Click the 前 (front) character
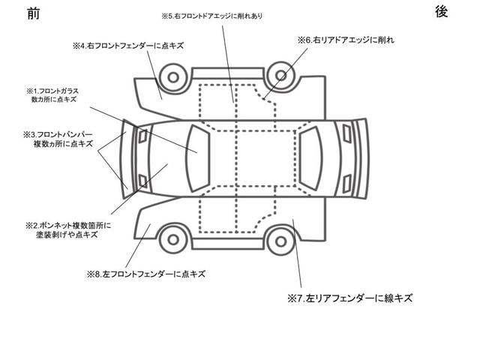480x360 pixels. pos(33,13)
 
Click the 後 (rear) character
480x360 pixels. pos(442,12)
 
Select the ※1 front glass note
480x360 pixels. pos(52,95)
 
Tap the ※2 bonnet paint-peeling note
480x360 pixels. pos(68,230)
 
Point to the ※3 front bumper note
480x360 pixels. pos(58,139)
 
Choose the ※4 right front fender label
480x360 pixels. pos(128,46)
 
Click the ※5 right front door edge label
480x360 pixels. pos(211,16)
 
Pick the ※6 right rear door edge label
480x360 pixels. pos(346,40)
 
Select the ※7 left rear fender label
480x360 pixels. pos(350,298)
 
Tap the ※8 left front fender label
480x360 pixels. pos(146,274)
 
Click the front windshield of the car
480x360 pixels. pos(198,158)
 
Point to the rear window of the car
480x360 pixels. pos(310,158)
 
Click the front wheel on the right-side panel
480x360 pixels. pos(173,77)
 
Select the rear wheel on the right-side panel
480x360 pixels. pos(280,76)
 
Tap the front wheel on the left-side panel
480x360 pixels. pos(173,239)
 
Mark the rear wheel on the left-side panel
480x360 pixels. pos(280,241)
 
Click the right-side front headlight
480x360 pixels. pos(142,136)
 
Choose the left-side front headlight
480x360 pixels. pos(142,181)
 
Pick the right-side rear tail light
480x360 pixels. pos(346,133)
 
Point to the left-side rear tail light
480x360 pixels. pos(346,184)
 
